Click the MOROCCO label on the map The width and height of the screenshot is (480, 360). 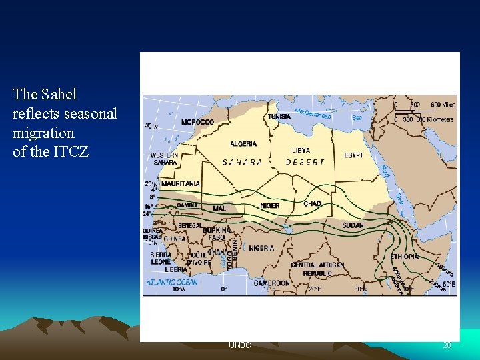coord(197,122)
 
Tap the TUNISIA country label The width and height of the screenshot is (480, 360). coord(279,116)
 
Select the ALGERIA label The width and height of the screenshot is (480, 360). coord(243,143)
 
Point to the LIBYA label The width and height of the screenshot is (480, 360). coord(301,151)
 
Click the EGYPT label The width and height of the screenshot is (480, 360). coord(354,155)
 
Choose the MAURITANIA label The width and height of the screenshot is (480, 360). coord(180,183)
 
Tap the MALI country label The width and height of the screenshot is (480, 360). coord(220,209)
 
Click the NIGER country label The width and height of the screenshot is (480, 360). coord(269,206)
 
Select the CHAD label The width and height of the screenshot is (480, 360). coord(312,203)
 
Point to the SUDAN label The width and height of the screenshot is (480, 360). coord(353,225)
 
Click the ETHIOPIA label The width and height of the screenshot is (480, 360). coord(405,257)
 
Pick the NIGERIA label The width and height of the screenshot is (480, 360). coord(261,248)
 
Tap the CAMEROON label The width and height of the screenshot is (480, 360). coord(271,283)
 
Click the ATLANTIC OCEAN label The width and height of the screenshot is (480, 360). coord(172,282)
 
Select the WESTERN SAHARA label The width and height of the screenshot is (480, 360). coord(164,159)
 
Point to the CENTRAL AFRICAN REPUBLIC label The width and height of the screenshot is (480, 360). coord(317,269)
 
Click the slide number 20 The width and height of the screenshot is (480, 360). coord(447,345)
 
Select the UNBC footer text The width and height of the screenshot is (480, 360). coord(239,345)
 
